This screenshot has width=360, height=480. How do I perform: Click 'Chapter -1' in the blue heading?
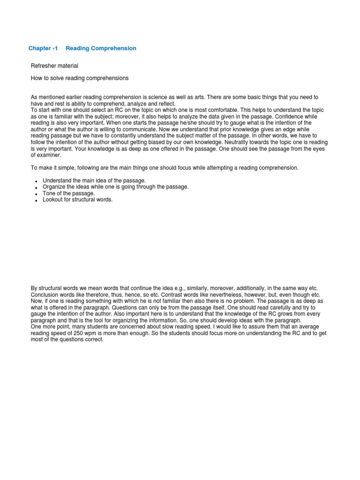(x=43, y=48)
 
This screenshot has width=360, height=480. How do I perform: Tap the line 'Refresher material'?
(x=54, y=66)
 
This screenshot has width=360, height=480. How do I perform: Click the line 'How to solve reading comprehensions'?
(x=80, y=78)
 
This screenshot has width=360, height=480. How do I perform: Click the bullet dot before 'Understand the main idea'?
(x=36, y=181)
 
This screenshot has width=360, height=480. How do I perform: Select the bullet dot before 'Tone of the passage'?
(x=36, y=194)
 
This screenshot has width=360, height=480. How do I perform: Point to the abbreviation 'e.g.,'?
(x=188, y=288)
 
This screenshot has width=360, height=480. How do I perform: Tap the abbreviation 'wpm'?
(x=91, y=333)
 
